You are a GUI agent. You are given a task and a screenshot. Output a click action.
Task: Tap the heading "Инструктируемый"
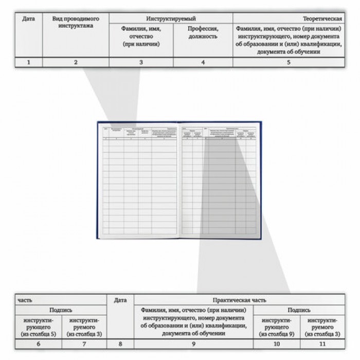click(x=171, y=19)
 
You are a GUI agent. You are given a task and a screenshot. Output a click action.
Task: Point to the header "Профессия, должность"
click(x=203, y=32)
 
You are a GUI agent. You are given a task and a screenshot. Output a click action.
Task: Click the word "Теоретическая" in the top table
click(x=325, y=19)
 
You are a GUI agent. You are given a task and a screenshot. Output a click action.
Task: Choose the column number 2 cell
click(x=76, y=62)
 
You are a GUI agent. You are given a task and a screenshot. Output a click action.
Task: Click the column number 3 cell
click(x=141, y=62)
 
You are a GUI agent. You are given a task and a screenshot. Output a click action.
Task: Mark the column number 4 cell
click(x=203, y=62)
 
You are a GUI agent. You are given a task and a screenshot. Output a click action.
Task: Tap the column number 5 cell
click(x=289, y=62)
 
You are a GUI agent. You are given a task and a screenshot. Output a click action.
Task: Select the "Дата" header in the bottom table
click(x=120, y=299)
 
